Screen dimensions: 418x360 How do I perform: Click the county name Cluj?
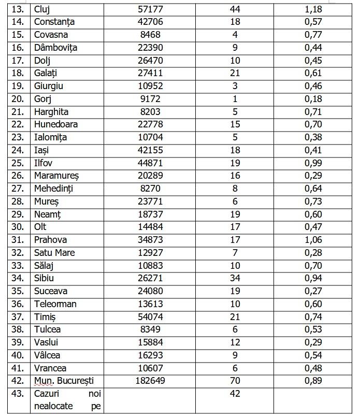(42, 9)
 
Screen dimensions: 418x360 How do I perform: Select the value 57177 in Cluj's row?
(150, 9)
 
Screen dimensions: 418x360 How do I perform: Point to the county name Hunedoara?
(55, 125)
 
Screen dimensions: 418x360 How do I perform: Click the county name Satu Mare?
(54, 253)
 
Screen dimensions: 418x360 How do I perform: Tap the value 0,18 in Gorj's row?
(313, 99)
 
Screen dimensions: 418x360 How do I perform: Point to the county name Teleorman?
(55, 304)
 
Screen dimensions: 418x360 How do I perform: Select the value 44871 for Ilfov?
(150, 163)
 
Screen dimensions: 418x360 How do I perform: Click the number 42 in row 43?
(236, 394)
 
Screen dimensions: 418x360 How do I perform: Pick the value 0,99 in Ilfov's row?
(313, 163)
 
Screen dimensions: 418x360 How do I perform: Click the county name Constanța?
(54, 22)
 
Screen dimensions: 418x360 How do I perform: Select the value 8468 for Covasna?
(150, 35)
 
